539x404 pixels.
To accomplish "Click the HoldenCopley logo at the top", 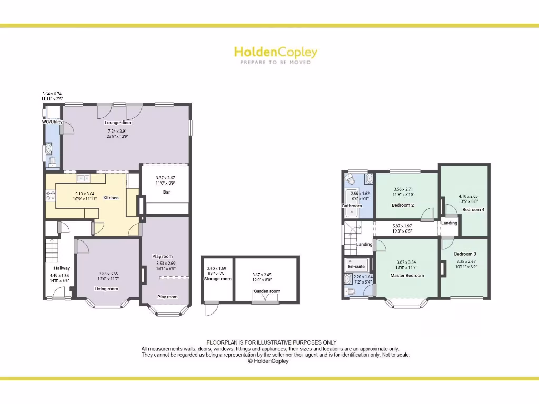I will coord(275,52).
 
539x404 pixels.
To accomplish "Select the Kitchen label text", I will coord(111,198).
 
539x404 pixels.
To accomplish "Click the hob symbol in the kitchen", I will coord(51,196).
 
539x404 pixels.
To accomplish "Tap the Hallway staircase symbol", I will coord(52,251).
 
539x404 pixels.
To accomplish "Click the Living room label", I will coord(106,289).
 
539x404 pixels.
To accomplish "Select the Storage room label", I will coord(218,279).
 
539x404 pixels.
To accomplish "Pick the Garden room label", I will coord(267,291).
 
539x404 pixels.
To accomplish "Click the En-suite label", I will coord(356,266).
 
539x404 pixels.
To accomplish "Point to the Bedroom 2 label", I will coord(403,205).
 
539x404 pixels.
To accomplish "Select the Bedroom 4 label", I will coord(473,209).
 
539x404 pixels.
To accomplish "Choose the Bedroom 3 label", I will coord(465,254).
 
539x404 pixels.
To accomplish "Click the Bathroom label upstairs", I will coord(352,206).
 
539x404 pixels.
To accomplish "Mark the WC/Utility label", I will coord(53,122).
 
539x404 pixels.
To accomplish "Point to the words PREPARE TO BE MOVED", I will coord(275,62).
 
